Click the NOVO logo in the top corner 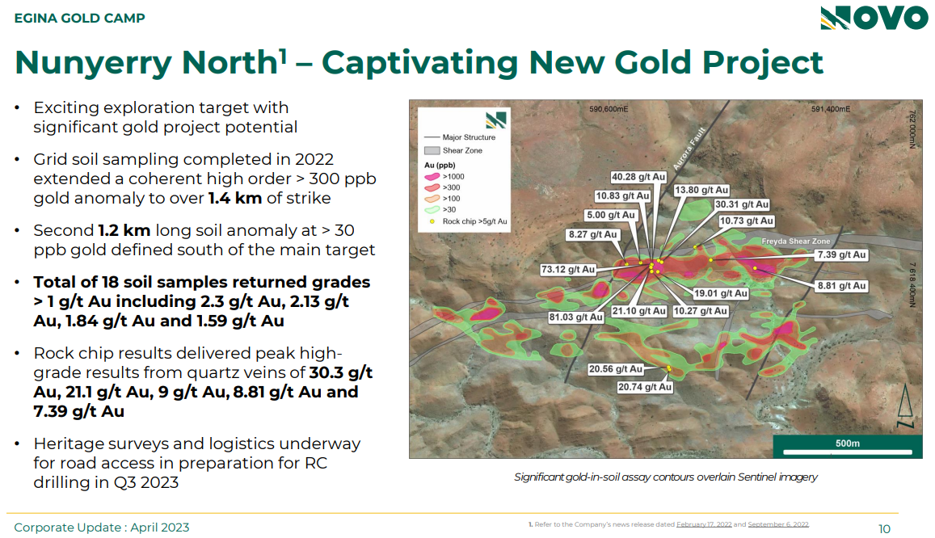874,18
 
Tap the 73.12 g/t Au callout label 567,269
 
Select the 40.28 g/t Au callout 638,177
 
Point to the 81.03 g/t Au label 576,317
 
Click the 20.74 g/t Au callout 645,387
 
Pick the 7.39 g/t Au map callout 841,255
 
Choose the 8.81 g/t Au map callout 841,286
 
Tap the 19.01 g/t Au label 720,293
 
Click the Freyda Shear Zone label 795,242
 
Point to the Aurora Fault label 689,149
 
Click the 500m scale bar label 848,443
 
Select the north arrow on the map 905,406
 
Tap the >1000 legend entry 444,176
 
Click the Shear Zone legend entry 453,151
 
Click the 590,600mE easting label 609,109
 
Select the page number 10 884,529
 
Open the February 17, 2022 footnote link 704,524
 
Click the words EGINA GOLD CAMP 79,19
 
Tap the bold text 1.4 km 235,198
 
